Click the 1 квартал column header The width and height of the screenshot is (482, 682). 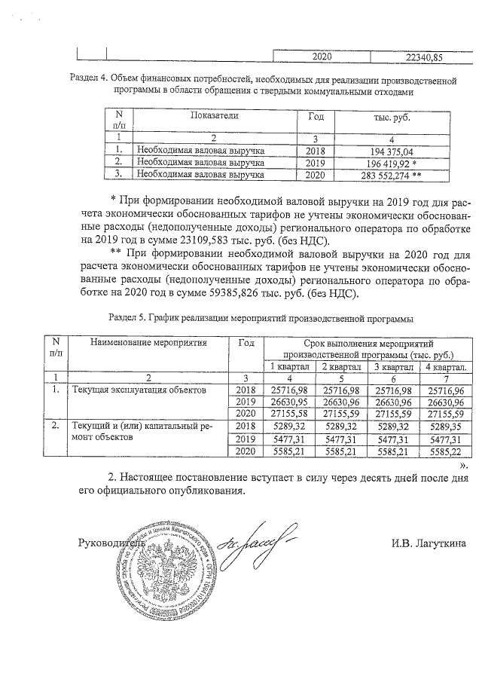click(290, 365)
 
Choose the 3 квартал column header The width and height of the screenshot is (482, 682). click(395, 365)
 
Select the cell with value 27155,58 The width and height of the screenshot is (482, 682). click(290, 414)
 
